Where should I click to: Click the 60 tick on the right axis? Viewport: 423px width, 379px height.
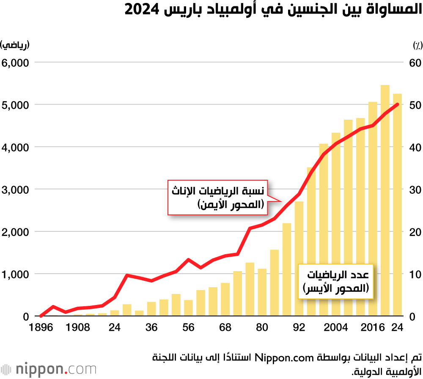click(x=415, y=63)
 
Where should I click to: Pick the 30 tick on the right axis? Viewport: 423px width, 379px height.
click(x=415, y=189)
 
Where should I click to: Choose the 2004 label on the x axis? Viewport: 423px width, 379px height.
click(x=336, y=327)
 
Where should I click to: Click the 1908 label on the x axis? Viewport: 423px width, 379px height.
click(x=78, y=327)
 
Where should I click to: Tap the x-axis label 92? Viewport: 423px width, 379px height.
click(x=299, y=327)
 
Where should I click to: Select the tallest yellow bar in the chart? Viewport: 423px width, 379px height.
click(x=385, y=201)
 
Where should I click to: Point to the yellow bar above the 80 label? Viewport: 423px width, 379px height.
click(x=262, y=292)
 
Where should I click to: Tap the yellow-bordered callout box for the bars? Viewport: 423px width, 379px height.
click(x=336, y=282)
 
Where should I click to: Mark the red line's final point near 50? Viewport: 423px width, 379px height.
click(x=397, y=104)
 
